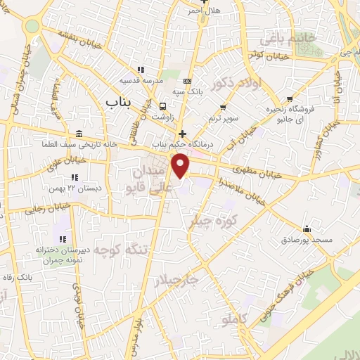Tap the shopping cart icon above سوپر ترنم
point(223,108)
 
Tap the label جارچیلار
point(180,282)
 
